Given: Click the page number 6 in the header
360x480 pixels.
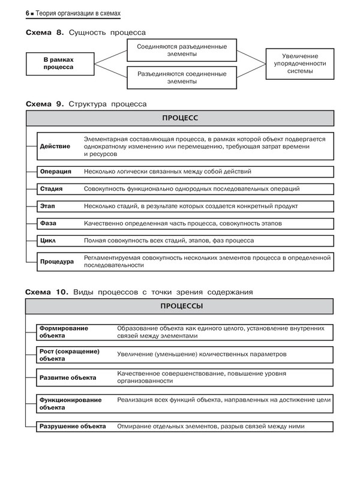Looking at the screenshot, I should coord(28,12).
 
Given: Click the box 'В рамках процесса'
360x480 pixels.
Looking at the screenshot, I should coord(58,64).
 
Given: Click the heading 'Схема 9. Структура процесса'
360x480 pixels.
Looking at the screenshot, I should coord(86,103).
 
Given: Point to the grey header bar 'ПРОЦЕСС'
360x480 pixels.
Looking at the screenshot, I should coord(179,118).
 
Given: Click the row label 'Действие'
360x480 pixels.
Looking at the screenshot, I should coord(55,146).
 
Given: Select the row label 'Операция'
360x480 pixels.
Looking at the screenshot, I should coord(56,172).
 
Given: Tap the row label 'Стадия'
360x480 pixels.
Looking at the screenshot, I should coord(52,189).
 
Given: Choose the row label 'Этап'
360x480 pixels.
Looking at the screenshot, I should coord(48,206).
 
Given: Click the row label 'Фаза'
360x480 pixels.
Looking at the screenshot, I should coord(48,223).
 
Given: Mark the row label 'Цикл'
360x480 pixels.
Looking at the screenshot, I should coord(48,241).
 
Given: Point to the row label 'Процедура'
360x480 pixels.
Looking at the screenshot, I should coord(57,262).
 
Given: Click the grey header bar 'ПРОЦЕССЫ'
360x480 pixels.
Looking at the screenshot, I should coord(179,306).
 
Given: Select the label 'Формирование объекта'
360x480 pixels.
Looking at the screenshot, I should coord(64,332).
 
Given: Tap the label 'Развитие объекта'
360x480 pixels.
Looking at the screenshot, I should coord(67,378).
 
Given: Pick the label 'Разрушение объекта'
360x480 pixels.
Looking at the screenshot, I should coord(72,426).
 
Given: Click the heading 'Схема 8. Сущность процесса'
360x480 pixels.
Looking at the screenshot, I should coord(86,32).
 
